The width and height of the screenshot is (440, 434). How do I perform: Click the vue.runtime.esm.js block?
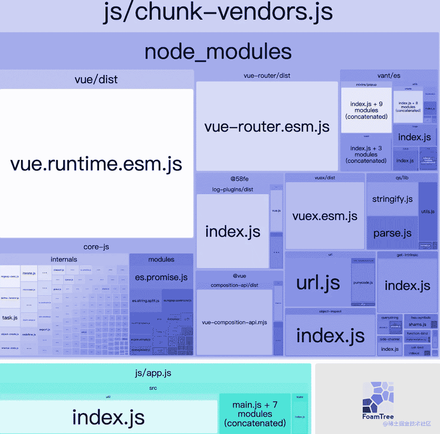96,163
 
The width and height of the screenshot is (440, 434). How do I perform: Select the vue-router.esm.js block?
267,127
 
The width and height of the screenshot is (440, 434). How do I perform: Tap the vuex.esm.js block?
325,216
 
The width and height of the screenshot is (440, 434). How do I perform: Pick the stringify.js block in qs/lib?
392,199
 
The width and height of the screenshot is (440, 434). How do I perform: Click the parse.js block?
392,233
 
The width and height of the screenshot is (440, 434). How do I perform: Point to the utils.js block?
428,211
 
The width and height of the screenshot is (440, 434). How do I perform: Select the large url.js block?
318,283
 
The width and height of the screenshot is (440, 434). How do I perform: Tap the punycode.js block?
363,283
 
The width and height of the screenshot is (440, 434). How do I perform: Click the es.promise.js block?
161,277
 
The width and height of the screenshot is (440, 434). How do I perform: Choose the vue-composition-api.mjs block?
234,322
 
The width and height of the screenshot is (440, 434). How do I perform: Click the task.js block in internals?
10,318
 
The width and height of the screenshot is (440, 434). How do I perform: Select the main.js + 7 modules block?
255,414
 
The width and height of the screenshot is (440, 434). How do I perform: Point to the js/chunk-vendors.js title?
218,12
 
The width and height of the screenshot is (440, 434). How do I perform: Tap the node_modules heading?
218,51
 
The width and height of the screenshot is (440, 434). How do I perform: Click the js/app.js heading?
153,373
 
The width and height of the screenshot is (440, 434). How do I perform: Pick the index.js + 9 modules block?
366,110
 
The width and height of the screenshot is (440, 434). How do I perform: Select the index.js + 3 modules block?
366,154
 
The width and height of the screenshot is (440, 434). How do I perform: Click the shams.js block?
417,324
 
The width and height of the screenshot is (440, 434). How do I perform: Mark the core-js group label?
96,247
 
